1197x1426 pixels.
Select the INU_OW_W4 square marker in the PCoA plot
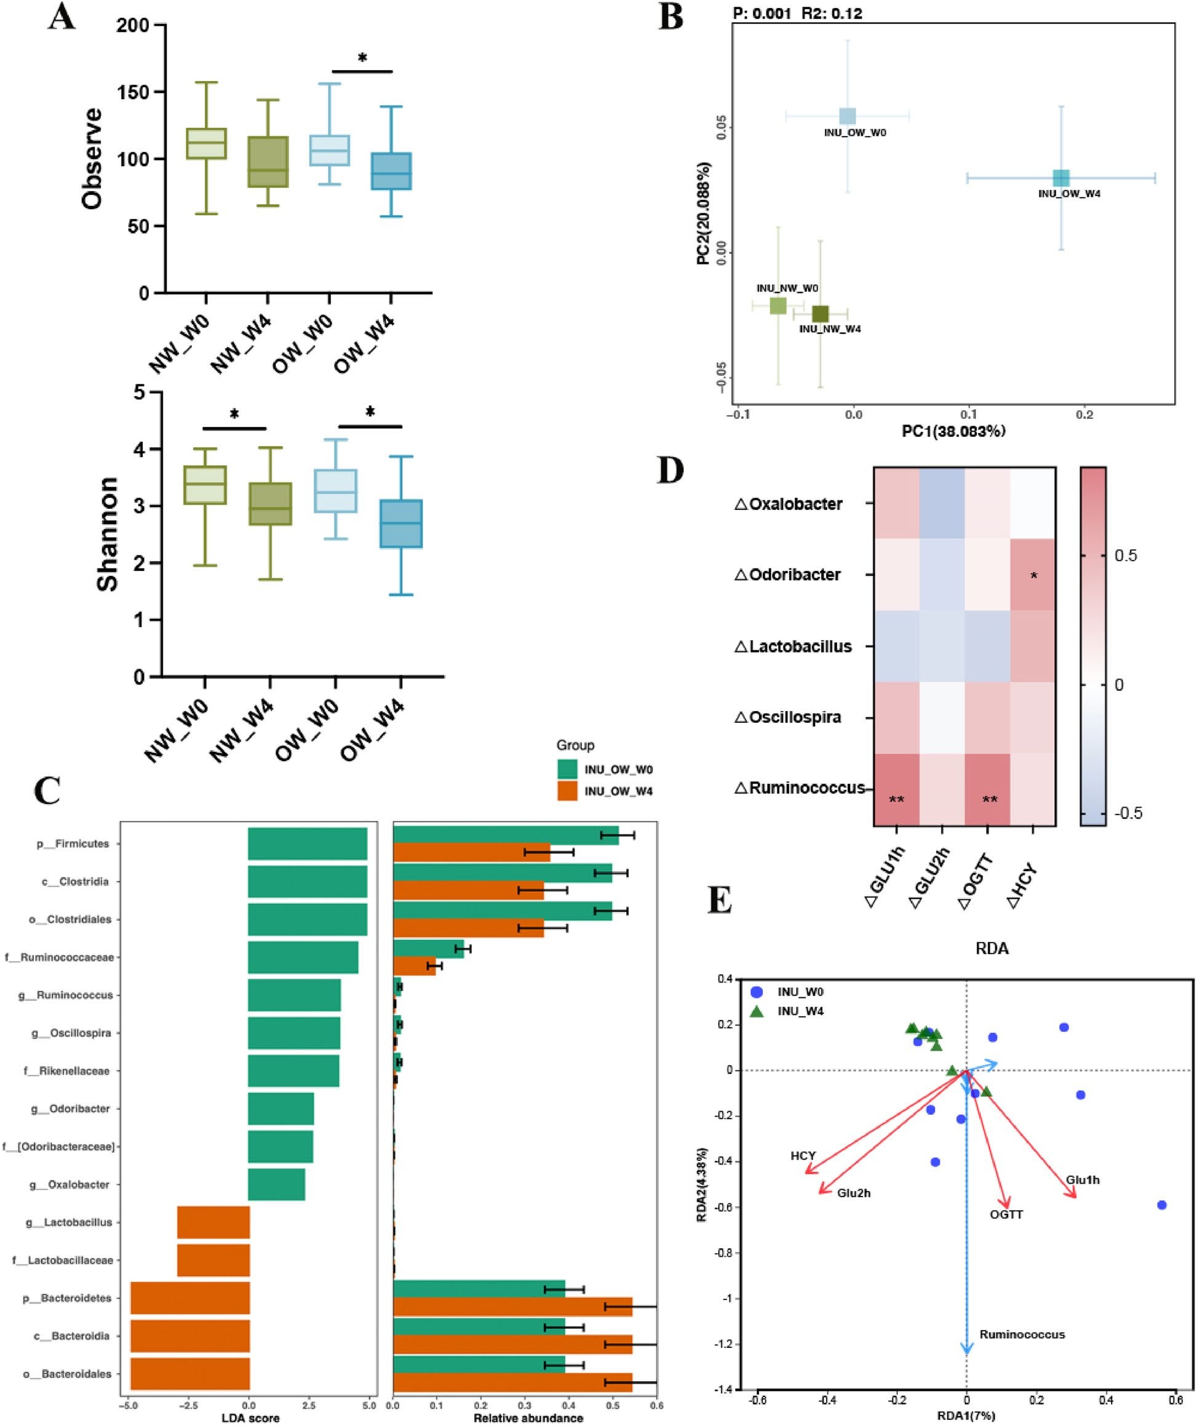(1061, 178)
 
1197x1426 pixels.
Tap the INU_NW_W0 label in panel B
(787, 288)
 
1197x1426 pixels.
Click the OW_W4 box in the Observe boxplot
(391, 171)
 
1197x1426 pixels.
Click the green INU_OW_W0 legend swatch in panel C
(567, 770)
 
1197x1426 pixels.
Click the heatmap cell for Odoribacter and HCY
(1033, 575)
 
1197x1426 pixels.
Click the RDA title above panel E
(992, 949)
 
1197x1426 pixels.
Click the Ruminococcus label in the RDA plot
(1022, 1334)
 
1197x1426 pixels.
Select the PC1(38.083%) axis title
(953, 431)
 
